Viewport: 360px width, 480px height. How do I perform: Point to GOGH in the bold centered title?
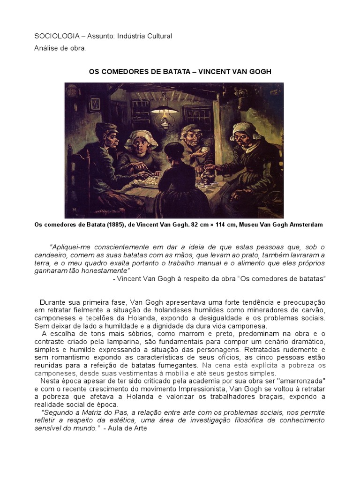[x=258, y=72]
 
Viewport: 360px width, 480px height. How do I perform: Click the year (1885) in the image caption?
[x=109, y=225]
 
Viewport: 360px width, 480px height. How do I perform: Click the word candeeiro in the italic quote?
[x=52, y=255]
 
